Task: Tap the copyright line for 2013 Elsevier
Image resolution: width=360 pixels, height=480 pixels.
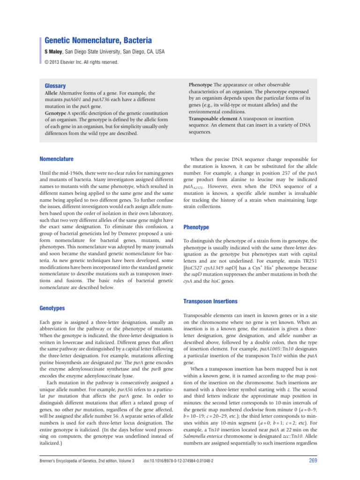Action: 82,62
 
